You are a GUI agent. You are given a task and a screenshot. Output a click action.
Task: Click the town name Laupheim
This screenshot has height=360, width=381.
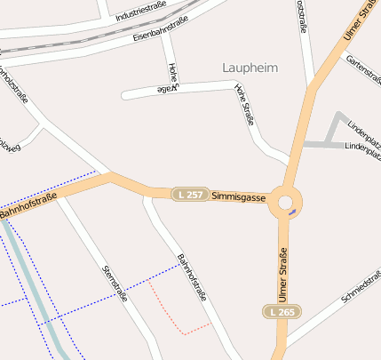tap(249, 68)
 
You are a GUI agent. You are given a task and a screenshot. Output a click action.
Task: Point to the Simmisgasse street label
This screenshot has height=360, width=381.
tap(239, 197)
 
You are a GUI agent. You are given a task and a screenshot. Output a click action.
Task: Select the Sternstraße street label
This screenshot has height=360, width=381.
tap(115, 283)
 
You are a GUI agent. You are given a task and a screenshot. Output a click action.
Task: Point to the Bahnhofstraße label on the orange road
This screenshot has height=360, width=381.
tap(29, 205)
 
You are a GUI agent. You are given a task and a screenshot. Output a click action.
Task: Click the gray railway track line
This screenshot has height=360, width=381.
tap(89, 40)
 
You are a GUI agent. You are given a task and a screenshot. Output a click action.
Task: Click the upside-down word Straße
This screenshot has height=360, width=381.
tap(168, 91)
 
